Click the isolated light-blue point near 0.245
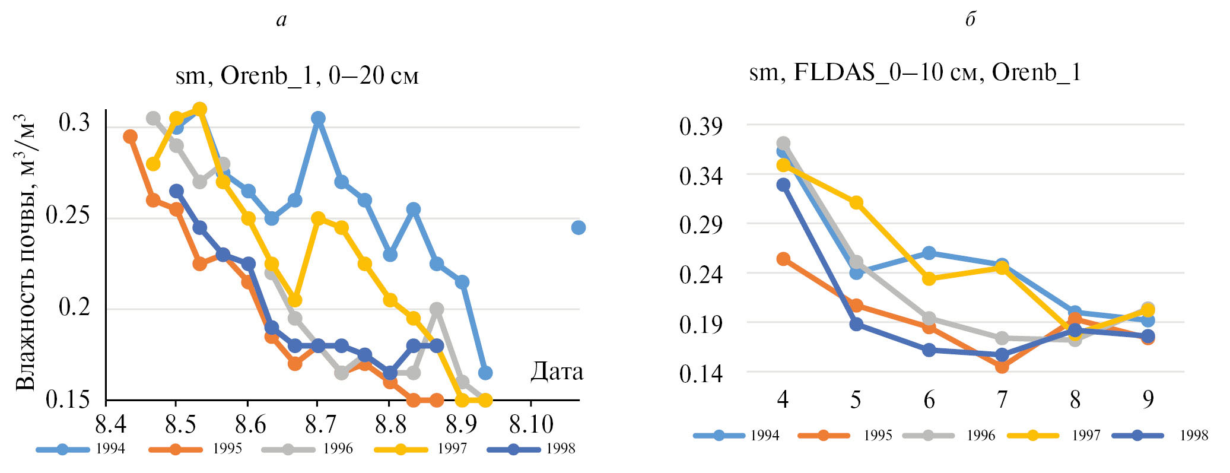[x=578, y=227]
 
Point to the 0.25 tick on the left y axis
[x=68, y=215]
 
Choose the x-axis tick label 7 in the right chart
[x=1002, y=400]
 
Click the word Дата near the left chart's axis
[x=556, y=372]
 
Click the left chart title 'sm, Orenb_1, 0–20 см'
[x=297, y=76]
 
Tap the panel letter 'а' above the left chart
[x=281, y=20]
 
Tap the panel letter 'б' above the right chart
[x=970, y=20]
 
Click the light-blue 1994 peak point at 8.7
[x=318, y=118]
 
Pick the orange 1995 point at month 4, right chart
[x=783, y=259]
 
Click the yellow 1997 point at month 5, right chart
[x=856, y=203]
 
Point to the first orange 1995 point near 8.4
[x=130, y=136]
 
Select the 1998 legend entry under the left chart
[x=532, y=449]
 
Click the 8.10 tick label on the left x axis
[x=531, y=424]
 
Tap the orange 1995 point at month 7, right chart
[x=1002, y=366]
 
